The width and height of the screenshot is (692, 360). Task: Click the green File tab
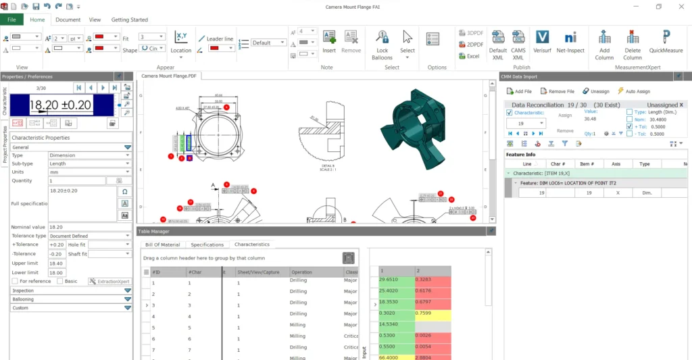(x=11, y=20)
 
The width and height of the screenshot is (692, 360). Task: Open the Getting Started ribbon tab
(x=129, y=20)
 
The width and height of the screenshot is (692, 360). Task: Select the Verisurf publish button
(x=541, y=42)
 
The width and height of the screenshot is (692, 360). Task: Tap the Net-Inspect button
(x=570, y=42)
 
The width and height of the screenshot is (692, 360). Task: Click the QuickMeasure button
(x=666, y=42)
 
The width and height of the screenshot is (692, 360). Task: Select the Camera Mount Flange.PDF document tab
(x=168, y=76)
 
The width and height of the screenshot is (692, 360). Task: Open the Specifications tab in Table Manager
(x=207, y=245)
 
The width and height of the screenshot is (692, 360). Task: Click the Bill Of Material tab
(x=163, y=245)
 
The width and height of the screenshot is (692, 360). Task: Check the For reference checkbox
(x=15, y=281)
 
